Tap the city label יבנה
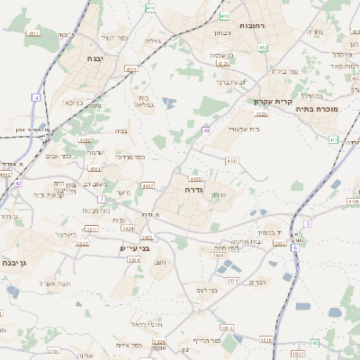tap(95, 58)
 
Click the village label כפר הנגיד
tap(115, 37)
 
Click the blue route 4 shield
tap(36, 96)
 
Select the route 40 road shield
tap(206, 131)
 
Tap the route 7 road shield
tap(103, 198)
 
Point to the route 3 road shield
tap(308, 222)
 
